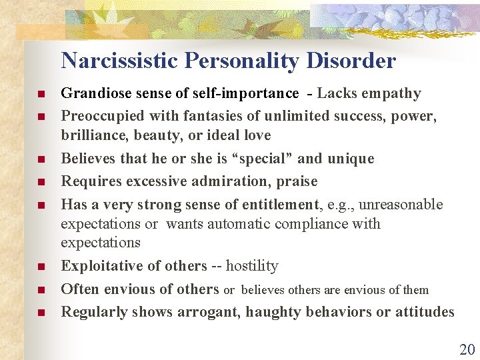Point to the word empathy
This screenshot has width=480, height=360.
coord(393,93)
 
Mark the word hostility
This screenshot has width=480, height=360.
coord(252,266)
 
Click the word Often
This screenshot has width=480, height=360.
coord(79,289)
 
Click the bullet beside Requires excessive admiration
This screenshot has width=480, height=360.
coord(41,182)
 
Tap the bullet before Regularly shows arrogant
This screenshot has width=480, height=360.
coord(41,313)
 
